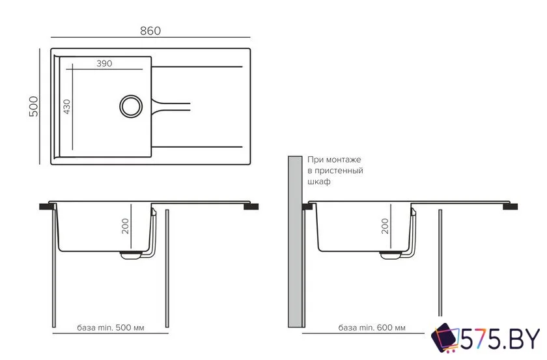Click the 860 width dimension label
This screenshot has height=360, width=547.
(x=150, y=31)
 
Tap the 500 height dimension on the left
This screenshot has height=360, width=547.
(x=33, y=106)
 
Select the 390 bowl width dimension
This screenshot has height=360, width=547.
(x=104, y=64)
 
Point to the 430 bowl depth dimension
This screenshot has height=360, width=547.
(x=66, y=107)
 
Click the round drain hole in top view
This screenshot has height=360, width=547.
(x=131, y=106)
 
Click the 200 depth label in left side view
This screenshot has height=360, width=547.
(x=125, y=226)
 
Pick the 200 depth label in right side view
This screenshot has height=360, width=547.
(x=385, y=226)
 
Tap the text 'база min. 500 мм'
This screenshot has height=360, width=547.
(x=111, y=327)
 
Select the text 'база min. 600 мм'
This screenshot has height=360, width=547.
(x=372, y=327)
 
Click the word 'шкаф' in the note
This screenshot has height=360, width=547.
(x=319, y=182)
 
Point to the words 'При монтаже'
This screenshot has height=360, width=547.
(x=334, y=159)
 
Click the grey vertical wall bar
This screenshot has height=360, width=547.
(x=295, y=242)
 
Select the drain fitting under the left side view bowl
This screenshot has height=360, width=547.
(x=131, y=255)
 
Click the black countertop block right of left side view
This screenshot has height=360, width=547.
(x=251, y=206)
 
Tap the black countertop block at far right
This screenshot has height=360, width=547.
(x=510, y=206)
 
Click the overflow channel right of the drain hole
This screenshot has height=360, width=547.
(x=171, y=106)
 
